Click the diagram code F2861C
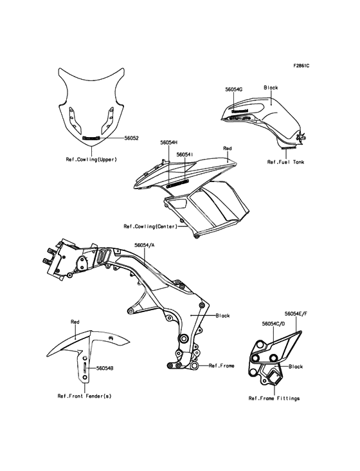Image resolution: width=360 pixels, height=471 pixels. (301, 66)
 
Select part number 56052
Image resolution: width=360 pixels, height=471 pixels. (131, 138)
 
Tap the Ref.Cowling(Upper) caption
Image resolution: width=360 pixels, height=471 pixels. (91, 160)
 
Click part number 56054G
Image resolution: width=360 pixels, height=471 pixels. (234, 89)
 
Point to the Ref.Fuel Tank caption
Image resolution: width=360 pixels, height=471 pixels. (285, 162)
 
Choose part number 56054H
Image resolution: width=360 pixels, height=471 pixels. (169, 143)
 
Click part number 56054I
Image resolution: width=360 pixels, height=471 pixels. (184, 154)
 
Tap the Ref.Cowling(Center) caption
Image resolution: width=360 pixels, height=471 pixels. (150, 226)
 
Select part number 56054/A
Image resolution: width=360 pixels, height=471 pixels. (145, 245)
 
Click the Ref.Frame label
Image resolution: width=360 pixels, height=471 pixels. (221, 365)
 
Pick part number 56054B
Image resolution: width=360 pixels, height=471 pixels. (105, 368)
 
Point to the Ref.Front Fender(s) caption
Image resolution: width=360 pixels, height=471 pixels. (85, 396)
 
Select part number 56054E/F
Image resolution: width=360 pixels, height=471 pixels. (296, 313)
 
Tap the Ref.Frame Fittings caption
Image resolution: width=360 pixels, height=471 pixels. (274, 398)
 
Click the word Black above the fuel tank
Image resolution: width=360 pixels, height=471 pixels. (271, 88)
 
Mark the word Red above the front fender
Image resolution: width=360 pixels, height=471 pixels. (75, 322)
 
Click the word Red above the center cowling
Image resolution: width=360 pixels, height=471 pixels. (228, 149)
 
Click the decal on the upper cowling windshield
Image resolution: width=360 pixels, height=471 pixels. (91, 138)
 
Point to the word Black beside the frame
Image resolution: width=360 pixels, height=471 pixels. (223, 316)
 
